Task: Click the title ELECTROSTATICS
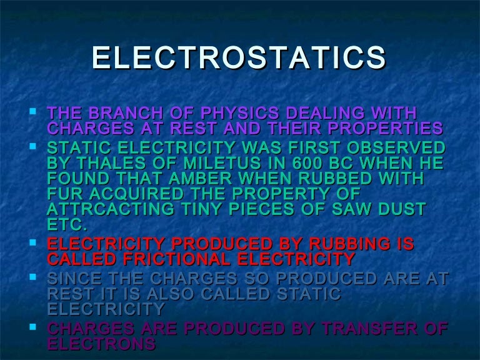(x=239, y=57)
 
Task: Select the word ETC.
(x=67, y=224)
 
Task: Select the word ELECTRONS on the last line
(x=101, y=343)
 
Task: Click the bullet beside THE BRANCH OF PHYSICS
(x=33, y=112)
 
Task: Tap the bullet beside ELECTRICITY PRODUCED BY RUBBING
(x=33, y=241)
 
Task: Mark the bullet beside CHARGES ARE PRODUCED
(x=33, y=326)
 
